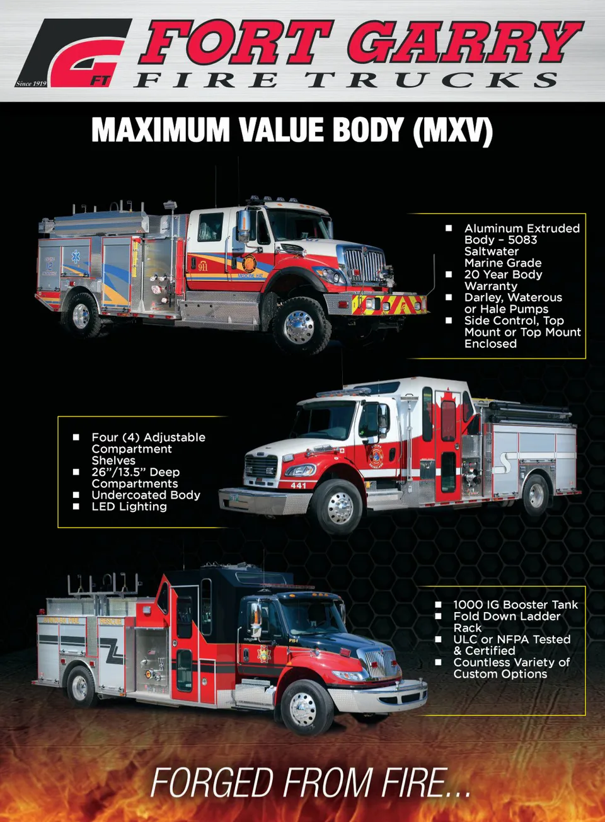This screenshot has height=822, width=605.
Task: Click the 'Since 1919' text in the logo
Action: tap(31, 84)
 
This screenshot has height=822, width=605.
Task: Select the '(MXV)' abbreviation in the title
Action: tap(452, 130)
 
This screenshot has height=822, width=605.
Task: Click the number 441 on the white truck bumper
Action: tap(298, 485)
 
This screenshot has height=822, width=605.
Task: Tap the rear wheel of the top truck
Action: tap(81, 316)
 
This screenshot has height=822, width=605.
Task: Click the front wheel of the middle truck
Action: tap(340, 507)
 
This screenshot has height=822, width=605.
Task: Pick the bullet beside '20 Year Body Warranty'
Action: tap(449, 274)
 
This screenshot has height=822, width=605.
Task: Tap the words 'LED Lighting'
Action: tap(129, 506)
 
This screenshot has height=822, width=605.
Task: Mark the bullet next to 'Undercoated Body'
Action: tap(76, 495)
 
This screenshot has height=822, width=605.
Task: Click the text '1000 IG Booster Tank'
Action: tap(516, 605)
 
